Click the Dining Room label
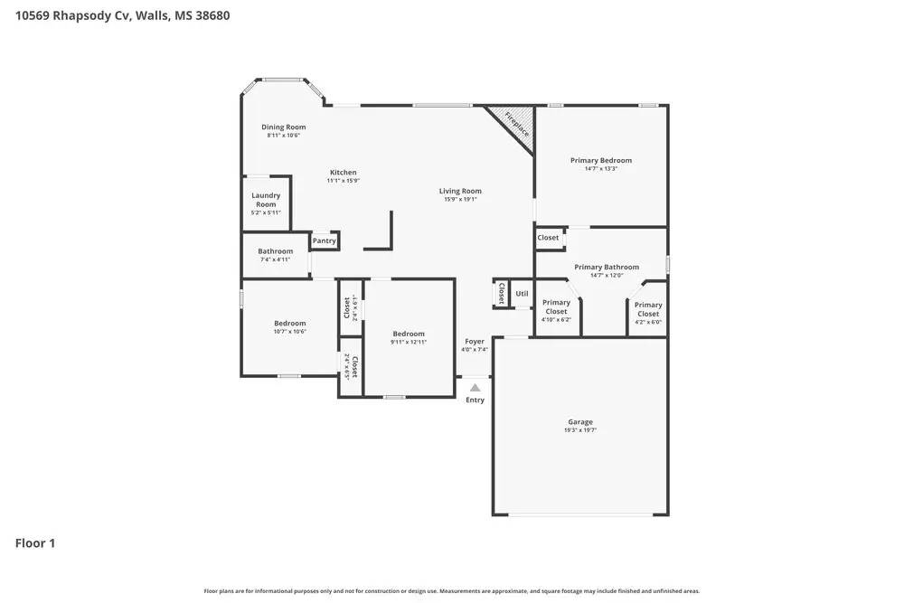pos(283,127)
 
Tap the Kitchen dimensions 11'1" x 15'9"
pos(343,181)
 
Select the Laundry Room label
pos(266,200)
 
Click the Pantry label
pos(324,240)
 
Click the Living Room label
pos(460,191)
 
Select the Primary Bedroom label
pos(600,160)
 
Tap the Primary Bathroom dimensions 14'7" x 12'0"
pos(607,276)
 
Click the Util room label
pos(522,294)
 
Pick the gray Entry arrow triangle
pos(475,388)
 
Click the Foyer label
pos(475,342)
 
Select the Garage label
pos(579,422)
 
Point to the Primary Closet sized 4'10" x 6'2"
pos(556,306)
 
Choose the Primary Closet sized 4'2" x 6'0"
pos(647,309)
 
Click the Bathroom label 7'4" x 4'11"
pos(275,251)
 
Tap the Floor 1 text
pos(35,543)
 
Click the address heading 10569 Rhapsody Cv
pos(122,15)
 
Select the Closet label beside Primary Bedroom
pos(548,238)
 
